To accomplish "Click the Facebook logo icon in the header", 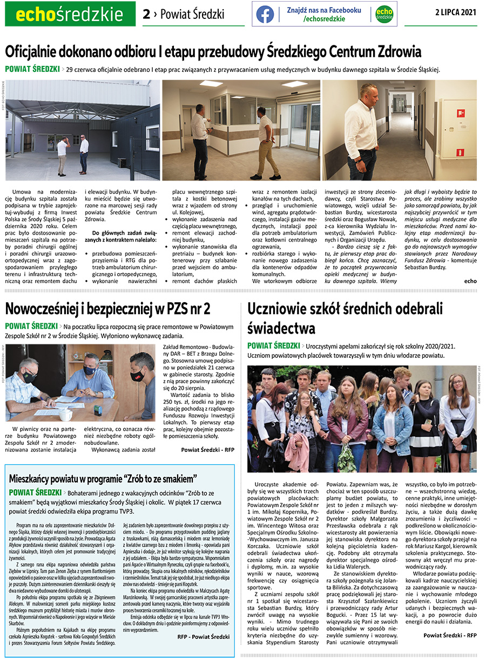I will click(x=265, y=14).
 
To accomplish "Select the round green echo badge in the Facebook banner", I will click(x=384, y=14).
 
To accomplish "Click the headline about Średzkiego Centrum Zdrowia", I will click(x=213, y=52).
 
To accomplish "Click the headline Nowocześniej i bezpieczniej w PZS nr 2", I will click(x=107, y=309).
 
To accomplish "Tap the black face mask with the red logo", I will click(x=138, y=375).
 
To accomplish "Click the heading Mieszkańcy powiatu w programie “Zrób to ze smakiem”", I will click(x=103, y=478).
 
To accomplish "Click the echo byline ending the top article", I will click(x=470, y=281).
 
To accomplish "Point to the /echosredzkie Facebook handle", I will click(x=323, y=19).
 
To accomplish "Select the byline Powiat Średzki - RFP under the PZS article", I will click(x=207, y=449).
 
